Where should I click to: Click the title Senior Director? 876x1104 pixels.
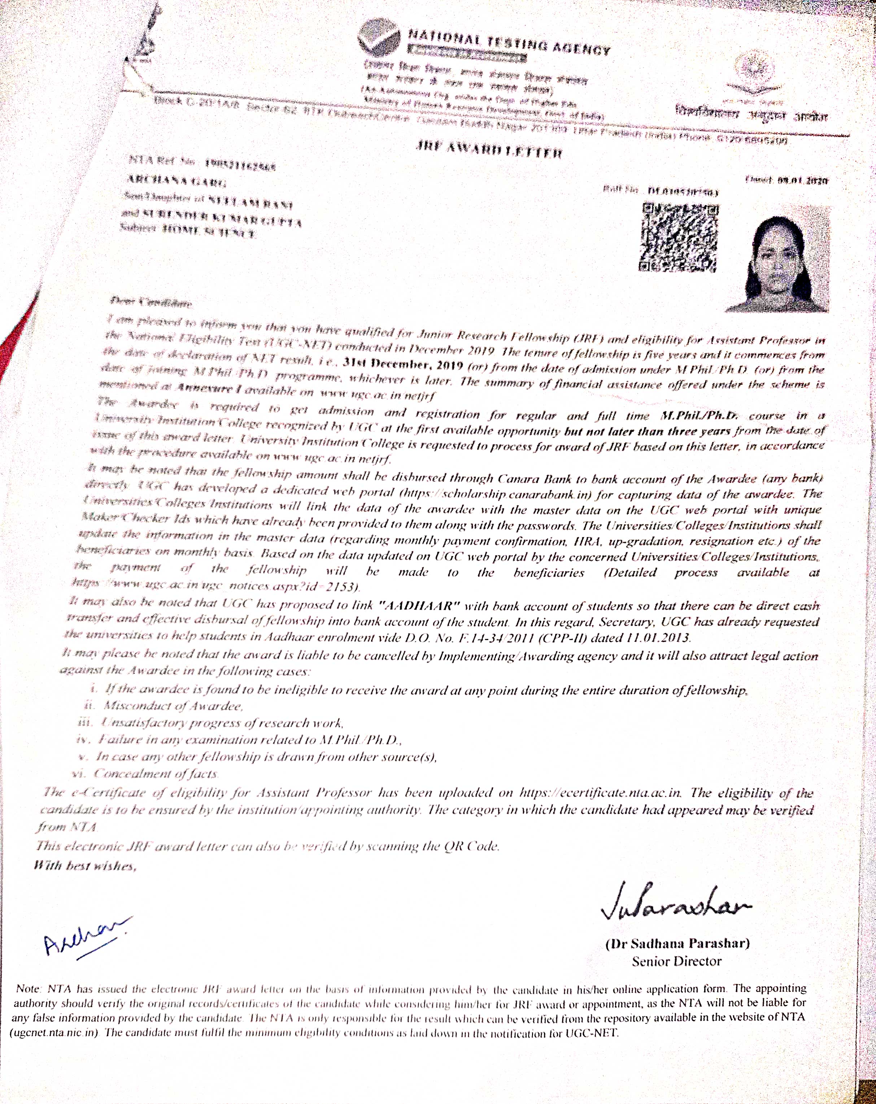pos(676,962)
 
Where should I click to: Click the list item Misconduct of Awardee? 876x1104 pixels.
pos(173,706)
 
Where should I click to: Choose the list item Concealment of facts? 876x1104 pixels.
pos(156,774)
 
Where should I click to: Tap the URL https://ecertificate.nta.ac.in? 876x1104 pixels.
pos(600,793)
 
